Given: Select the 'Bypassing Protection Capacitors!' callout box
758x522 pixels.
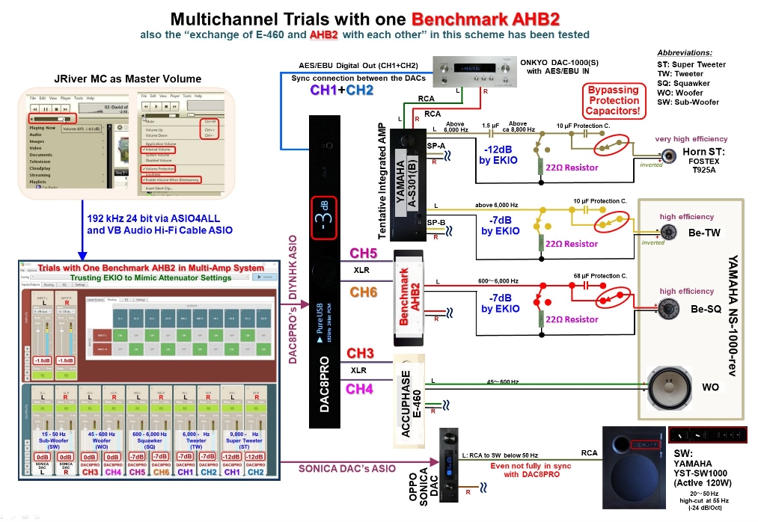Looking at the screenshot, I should (613, 100).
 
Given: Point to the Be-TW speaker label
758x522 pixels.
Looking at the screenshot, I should (704, 233).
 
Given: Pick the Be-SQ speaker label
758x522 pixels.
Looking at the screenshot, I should (704, 308).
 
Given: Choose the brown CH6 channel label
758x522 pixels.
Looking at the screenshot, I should (364, 292).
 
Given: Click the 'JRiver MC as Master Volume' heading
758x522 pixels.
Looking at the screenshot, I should (117, 79).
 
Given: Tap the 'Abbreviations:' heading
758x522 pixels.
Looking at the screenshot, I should (685, 53).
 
